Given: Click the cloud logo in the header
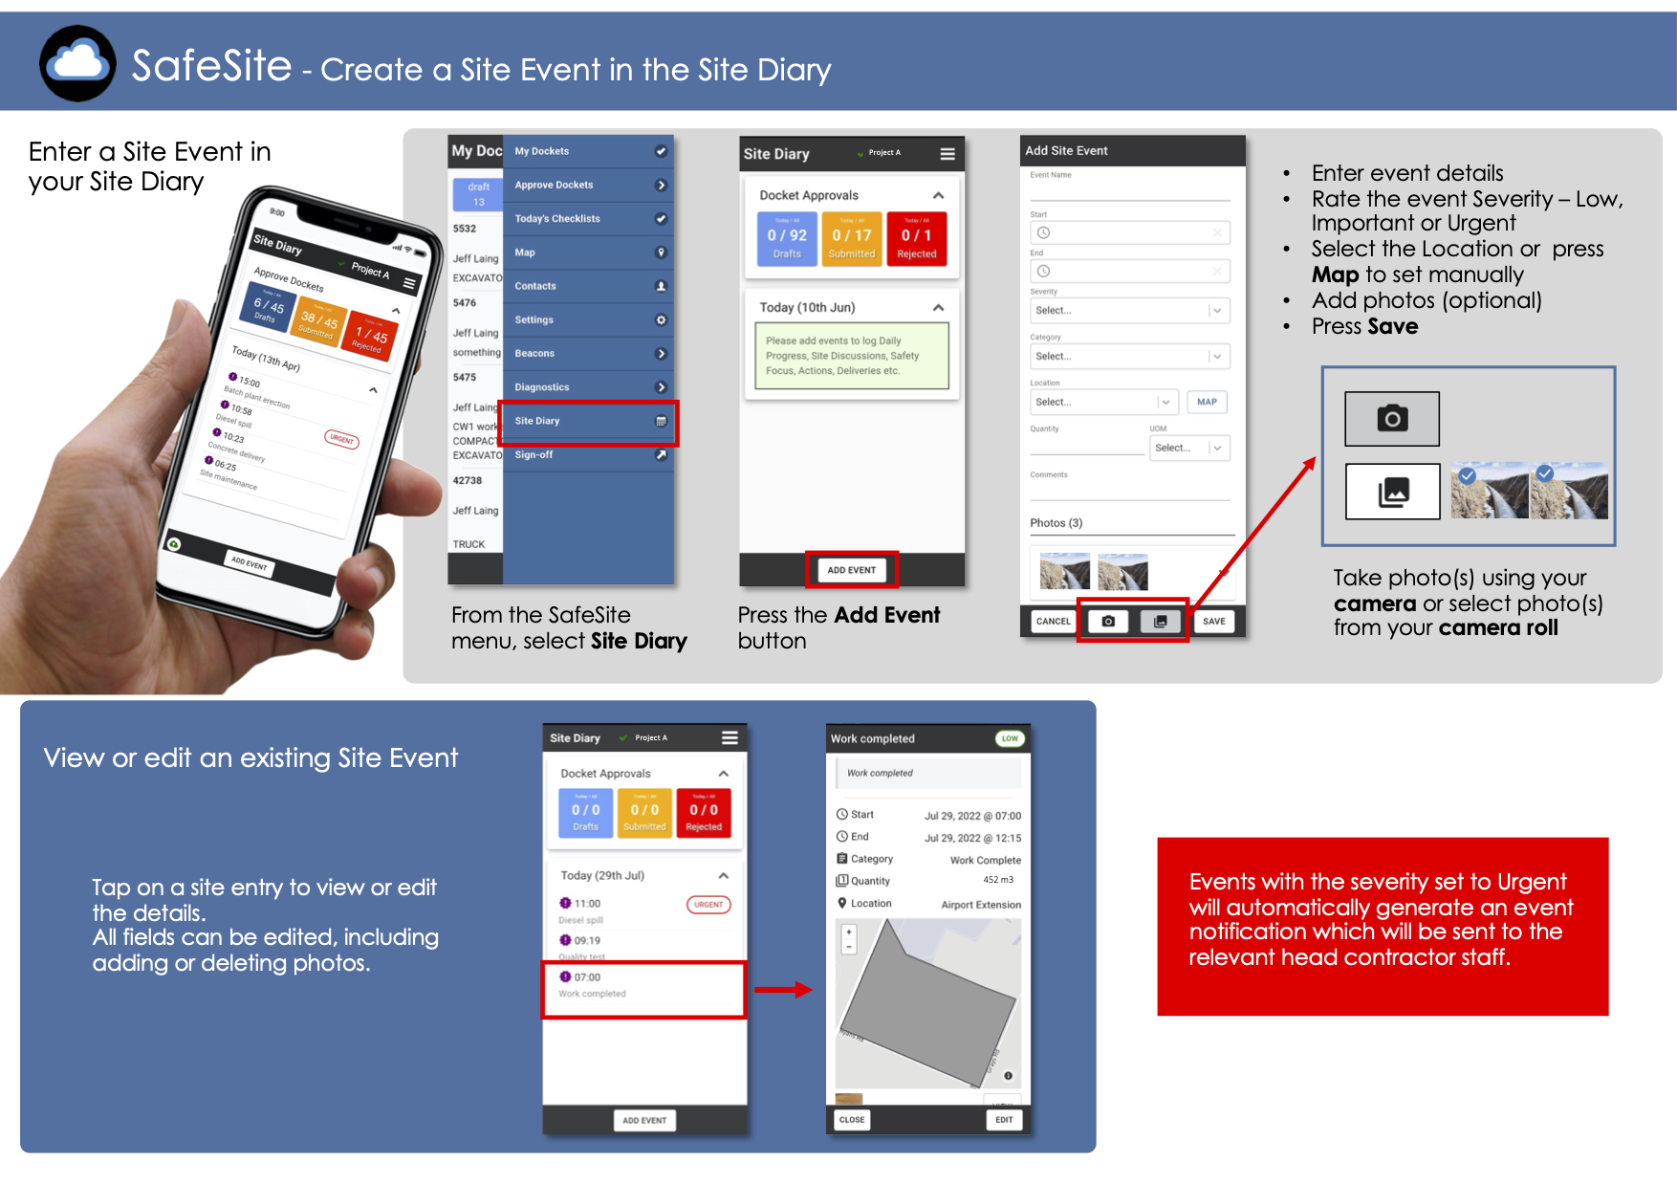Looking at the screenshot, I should [77, 63].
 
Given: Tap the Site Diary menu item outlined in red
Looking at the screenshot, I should [588, 422].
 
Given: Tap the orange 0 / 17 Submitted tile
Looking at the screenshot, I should [851, 239].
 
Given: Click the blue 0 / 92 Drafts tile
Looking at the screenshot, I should [787, 239].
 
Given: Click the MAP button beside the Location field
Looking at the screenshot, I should [1207, 403].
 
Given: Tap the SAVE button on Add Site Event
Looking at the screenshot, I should [1213, 622].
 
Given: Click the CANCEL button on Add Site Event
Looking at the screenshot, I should [1053, 622].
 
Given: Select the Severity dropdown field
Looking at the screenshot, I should [1128, 311].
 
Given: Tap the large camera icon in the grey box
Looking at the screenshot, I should [1392, 419].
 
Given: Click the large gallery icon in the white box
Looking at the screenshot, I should [1392, 492].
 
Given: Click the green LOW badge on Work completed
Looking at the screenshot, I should [1010, 738].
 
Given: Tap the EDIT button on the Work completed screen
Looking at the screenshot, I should [1003, 1120].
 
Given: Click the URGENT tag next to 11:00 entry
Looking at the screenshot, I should [708, 905].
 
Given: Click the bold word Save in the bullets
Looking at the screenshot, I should [1391, 327].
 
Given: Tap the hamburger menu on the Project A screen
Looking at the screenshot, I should [947, 154].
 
